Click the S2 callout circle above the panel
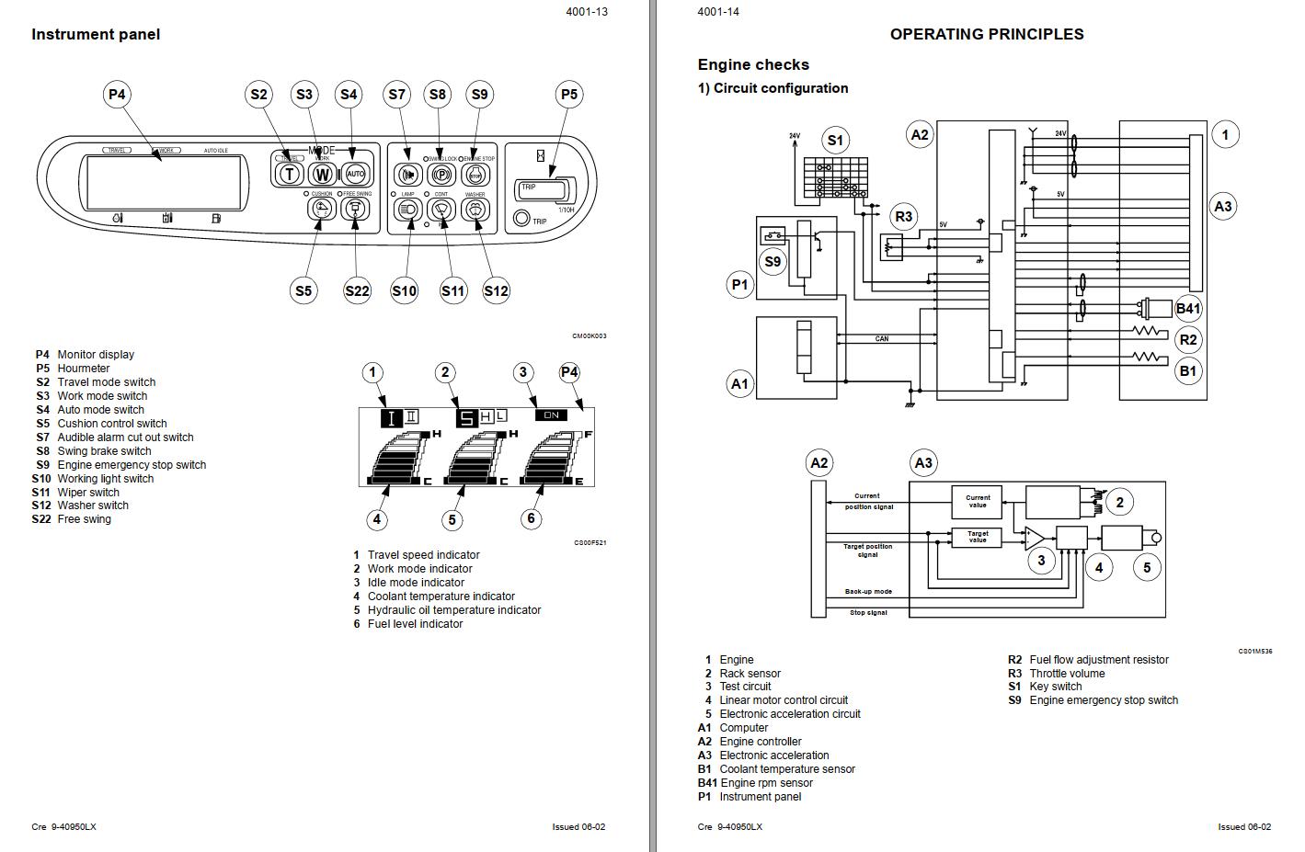tap(259, 95)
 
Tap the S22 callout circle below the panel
tap(357, 291)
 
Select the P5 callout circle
tap(569, 95)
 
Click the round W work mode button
tap(322, 174)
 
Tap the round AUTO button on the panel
tap(355, 174)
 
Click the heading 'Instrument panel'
tap(96, 35)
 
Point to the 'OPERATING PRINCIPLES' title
tap(986, 35)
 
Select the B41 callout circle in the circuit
tap(1188, 309)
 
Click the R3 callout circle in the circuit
tap(904, 217)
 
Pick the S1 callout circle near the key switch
tap(835, 141)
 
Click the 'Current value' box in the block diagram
tap(977, 502)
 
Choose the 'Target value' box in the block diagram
tap(977, 537)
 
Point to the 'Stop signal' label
tap(868, 612)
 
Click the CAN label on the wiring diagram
tap(882, 339)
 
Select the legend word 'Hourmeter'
tap(84, 369)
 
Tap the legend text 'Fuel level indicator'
tap(415, 624)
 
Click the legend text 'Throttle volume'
tap(1067, 674)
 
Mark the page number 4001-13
tap(587, 12)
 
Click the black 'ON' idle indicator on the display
tap(551, 415)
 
